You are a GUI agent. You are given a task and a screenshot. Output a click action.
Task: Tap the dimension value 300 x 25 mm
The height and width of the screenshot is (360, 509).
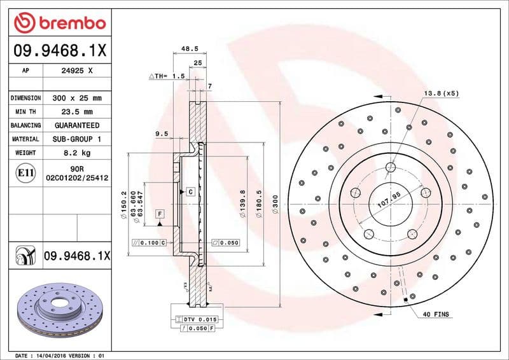[x=78, y=99]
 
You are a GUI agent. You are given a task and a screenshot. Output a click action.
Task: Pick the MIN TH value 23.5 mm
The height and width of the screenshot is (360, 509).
[x=78, y=112]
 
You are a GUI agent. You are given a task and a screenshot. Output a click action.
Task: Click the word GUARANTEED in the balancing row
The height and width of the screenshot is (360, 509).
[x=78, y=125]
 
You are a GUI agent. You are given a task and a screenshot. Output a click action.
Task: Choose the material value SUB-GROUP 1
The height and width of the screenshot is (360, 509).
[x=78, y=139]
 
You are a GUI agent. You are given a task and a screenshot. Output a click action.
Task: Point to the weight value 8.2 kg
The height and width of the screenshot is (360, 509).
[x=78, y=153]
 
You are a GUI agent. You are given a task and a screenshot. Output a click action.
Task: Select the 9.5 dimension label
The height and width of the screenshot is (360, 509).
[x=161, y=134]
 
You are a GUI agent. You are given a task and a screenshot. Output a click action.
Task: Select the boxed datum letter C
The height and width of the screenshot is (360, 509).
[x=190, y=191]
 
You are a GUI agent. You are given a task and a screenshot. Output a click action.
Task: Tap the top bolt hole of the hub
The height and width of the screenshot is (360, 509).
[x=391, y=168]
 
